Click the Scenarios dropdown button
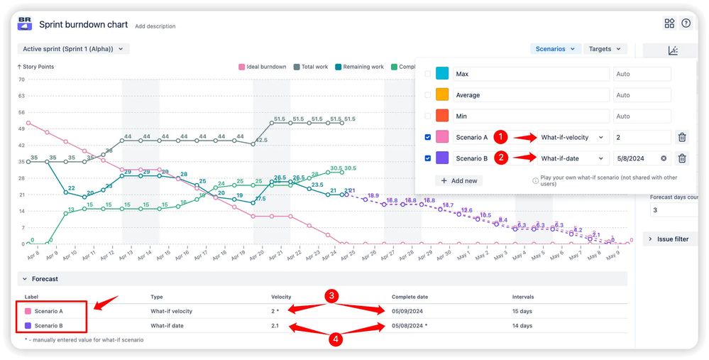coord(554,49)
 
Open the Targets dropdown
coord(605,49)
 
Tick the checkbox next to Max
coord(427,74)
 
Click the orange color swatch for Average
coord(442,95)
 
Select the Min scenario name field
coord(532,116)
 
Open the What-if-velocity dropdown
coord(573,138)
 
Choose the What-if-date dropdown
coord(573,159)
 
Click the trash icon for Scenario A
coord(681,138)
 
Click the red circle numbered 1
coord(500,137)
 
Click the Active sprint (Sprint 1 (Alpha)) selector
coord(73,49)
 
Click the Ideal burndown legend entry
coord(263,67)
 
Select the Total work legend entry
coord(311,67)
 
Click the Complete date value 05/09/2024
coord(411,311)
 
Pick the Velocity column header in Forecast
coord(281,297)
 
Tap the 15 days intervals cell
coord(522,311)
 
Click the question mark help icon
coord(686,23)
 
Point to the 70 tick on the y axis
coord(21,80)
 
